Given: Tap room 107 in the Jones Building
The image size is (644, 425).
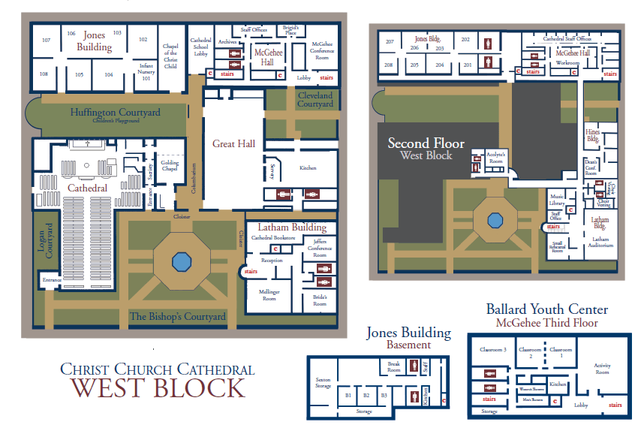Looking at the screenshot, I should point(46,40).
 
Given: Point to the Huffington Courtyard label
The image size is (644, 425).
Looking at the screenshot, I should point(115,113).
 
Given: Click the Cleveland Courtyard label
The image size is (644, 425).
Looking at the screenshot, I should point(315,100).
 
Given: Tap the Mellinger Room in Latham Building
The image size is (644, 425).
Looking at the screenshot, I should point(269,294).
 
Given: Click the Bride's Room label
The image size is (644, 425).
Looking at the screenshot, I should point(320,300).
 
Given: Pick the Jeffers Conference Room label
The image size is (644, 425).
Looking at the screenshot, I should point(322,246).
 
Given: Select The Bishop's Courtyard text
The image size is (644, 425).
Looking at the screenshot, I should point(178,316).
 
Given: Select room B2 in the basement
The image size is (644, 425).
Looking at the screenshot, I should point(366,395).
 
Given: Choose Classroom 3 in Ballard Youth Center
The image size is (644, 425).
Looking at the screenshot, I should point(493,351).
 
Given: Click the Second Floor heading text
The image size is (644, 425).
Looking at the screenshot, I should point(426,143).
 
